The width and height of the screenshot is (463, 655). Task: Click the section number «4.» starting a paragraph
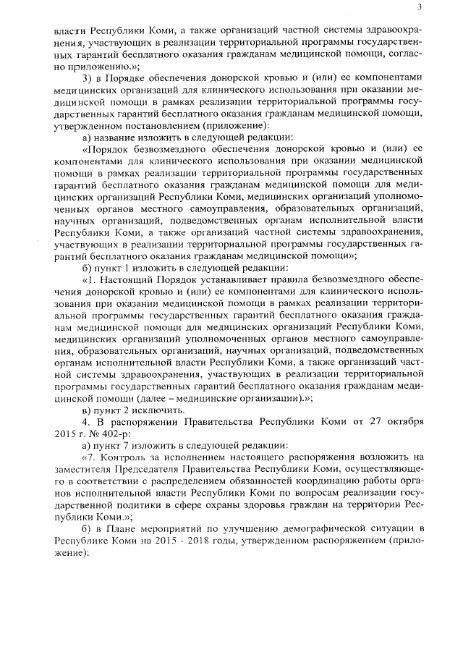[x=85, y=421]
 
